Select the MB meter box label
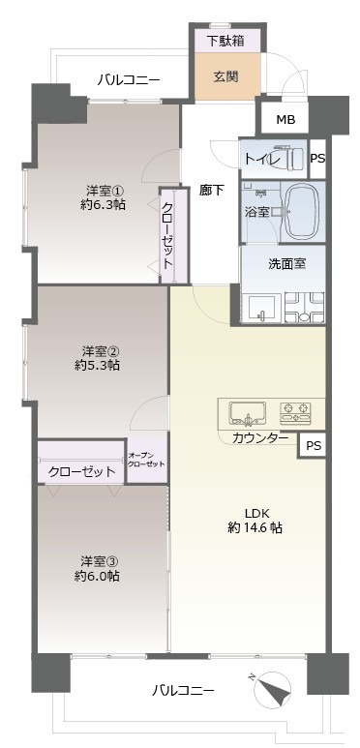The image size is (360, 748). click(x=285, y=120)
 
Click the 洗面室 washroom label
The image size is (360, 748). click(x=287, y=261)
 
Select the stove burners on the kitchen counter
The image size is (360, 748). click(x=296, y=413)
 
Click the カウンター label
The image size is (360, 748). click(x=259, y=438)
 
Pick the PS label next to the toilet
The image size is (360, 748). click(x=317, y=158)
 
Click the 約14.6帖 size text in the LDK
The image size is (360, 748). click(x=255, y=528)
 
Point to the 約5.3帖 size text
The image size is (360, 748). click(x=98, y=365)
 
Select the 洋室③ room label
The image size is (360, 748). click(x=101, y=559)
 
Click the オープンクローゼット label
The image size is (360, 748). click(x=146, y=460)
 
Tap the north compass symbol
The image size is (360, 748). click(x=275, y=691)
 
